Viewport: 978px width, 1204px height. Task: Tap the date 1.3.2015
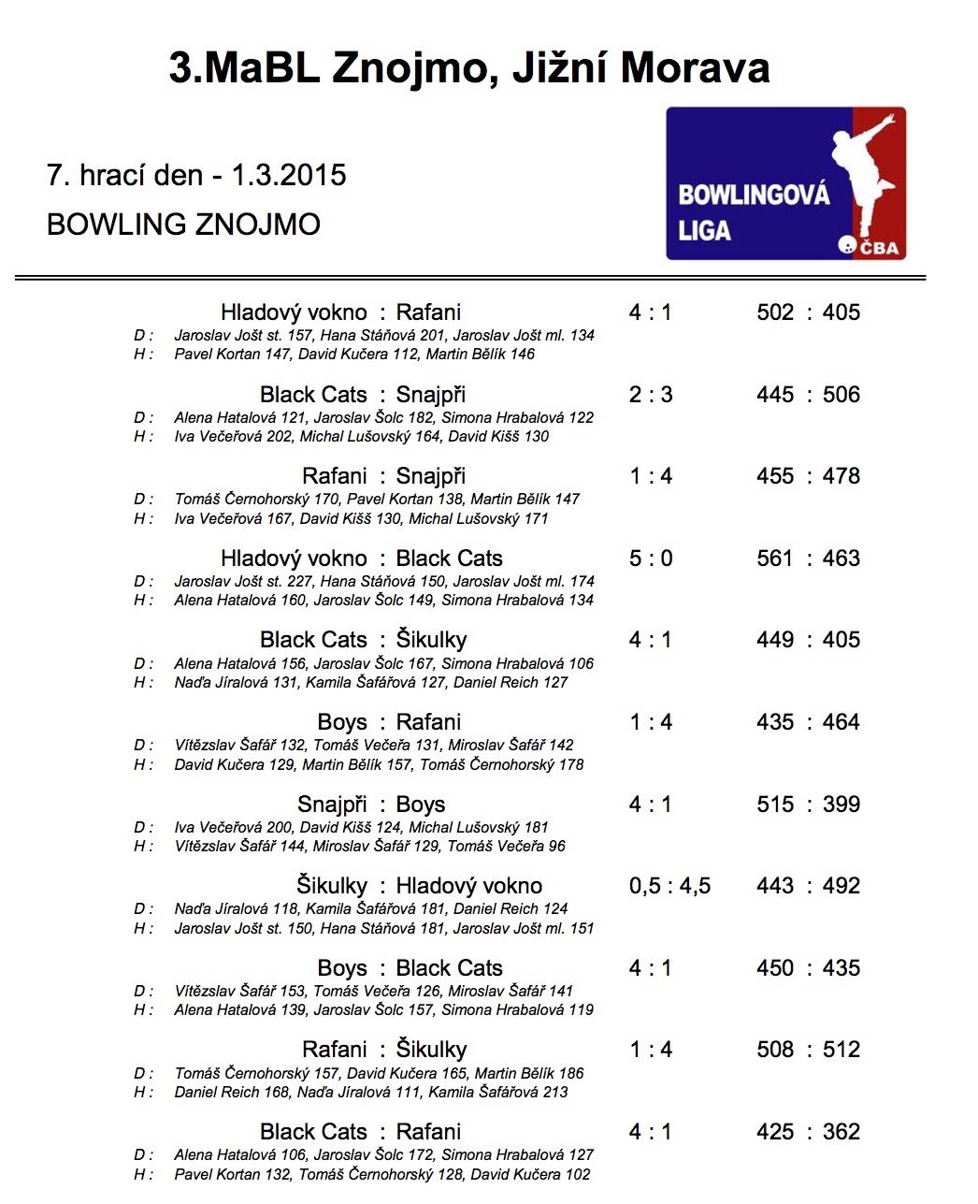click(x=288, y=175)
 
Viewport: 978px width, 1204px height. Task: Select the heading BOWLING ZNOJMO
click(x=183, y=225)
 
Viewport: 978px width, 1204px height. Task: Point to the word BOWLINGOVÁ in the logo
click(x=754, y=195)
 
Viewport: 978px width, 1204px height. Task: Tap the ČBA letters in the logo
click(x=878, y=248)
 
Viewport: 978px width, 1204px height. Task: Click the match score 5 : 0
click(x=650, y=558)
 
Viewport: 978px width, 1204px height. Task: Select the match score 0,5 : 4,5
click(x=669, y=886)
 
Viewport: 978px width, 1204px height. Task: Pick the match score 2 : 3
click(x=650, y=395)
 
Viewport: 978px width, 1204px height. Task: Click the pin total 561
click(x=775, y=558)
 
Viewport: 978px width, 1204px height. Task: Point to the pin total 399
click(x=841, y=805)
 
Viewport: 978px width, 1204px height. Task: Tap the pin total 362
click(x=841, y=1132)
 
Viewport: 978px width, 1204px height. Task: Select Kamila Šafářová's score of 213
click(x=555, y=1093)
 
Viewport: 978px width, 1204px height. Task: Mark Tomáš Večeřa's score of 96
click(x=557, y=847)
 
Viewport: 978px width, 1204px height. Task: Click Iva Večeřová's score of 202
click(x=280, y=437)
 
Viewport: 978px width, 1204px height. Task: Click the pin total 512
click(x=841, y=1050)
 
